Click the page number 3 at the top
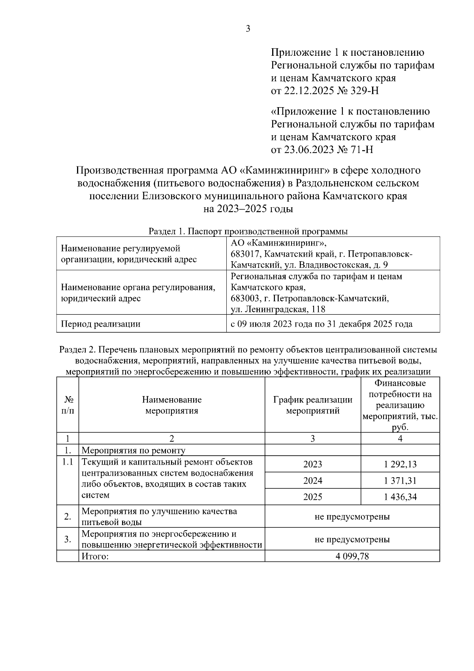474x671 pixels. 248,29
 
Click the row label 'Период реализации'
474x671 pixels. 100,324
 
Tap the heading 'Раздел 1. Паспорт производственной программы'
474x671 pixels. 248,231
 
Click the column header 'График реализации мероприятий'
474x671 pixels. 312,405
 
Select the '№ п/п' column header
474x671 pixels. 68,405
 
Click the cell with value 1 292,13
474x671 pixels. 400,464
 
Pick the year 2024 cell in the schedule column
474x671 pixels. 312,480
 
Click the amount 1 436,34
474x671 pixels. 400,497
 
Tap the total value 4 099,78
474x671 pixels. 352,556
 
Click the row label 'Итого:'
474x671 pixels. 94,556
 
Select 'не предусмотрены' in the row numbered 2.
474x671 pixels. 352,516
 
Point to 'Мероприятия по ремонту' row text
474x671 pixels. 133,450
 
